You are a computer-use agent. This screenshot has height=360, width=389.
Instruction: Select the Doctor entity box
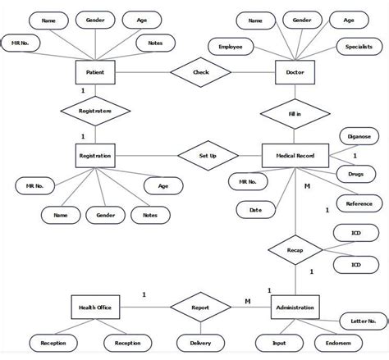click(x=294, y=71)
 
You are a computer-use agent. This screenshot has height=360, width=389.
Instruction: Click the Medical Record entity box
click(x=294, y=154)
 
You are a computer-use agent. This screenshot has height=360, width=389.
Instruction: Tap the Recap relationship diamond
click(x=294, y=244)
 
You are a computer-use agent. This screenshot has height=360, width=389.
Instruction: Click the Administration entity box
click(x=294, y=308)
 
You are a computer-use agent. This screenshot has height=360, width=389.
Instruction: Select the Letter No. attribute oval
click(x=359, y=319)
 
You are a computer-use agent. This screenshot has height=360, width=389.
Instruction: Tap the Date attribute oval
click(x=256, y=210)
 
